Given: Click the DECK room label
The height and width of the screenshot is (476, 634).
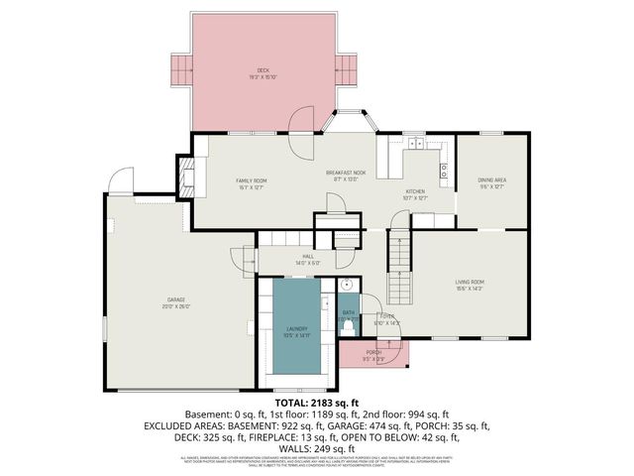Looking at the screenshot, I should tap(264, 71).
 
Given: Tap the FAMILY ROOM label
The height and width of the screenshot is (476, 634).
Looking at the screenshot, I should tap(251, 181).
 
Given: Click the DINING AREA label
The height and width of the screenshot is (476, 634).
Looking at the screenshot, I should tap(491, 181).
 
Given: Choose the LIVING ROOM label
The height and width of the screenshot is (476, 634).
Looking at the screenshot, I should tap(470, 285).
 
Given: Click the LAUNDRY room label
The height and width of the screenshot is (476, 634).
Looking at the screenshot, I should tap(297, 331).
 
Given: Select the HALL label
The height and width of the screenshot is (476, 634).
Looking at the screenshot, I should tap(308, 258).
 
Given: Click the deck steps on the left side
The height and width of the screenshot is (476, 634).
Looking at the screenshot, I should tap(181, 69).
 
